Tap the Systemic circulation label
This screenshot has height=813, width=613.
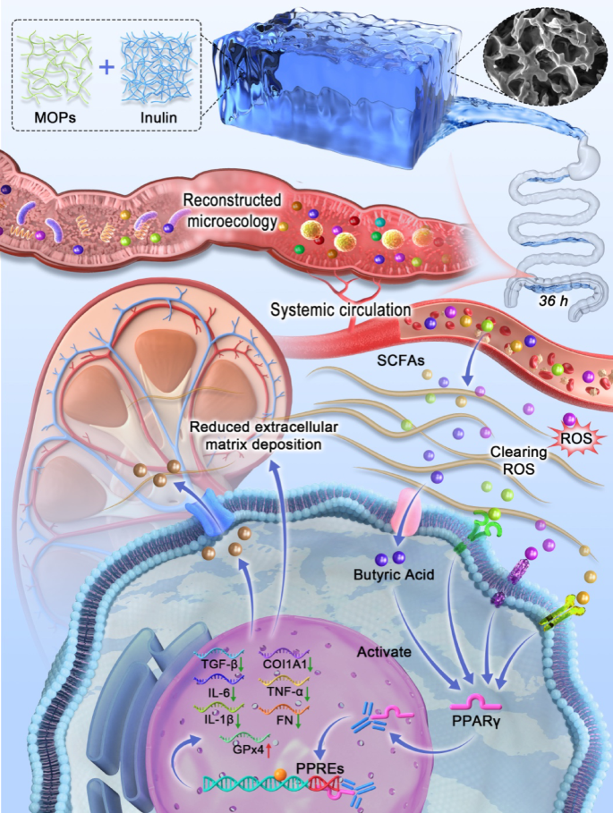341,310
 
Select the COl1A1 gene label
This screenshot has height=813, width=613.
290,664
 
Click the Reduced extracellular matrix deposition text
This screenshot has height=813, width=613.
255,434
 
